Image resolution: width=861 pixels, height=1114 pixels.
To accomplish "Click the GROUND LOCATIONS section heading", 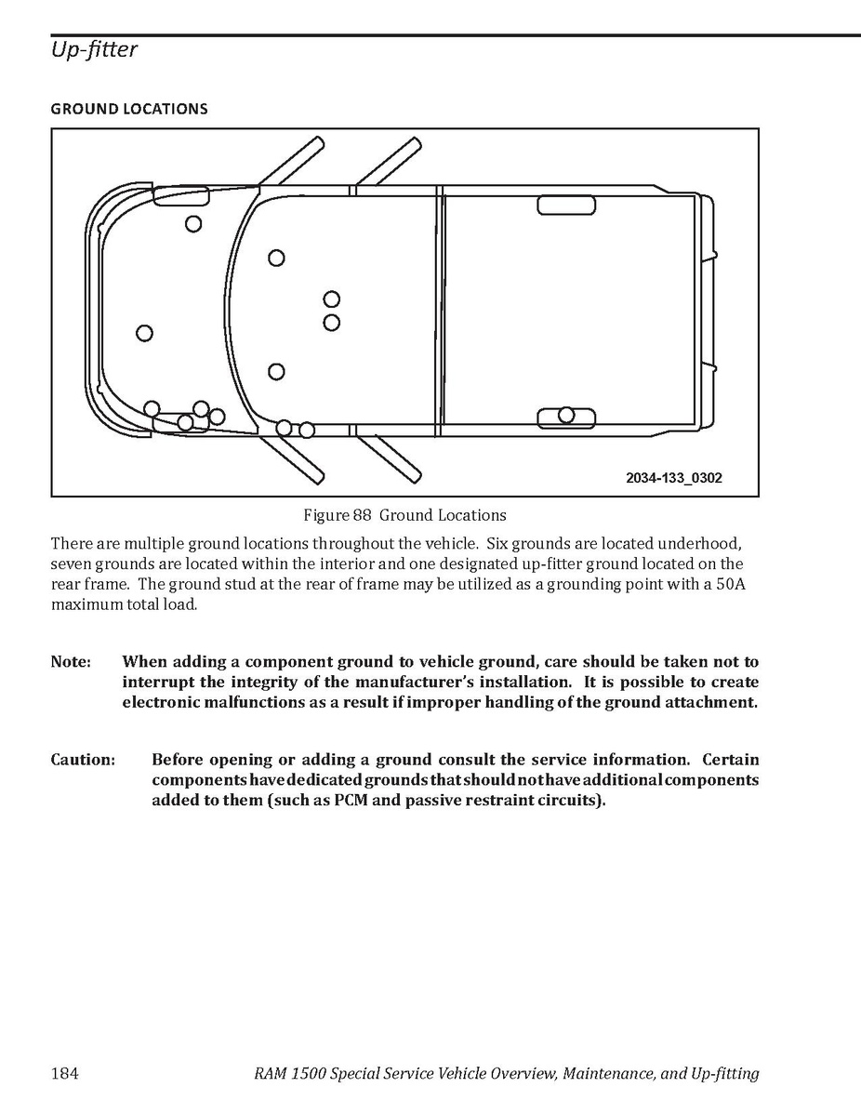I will (x=129, y=109).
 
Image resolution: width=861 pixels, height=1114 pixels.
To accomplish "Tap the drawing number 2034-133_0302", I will (x=674, y=478).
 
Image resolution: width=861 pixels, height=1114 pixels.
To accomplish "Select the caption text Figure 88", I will (x=338, y=515).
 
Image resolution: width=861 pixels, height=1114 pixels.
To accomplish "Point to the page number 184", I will (x=64, y=1074).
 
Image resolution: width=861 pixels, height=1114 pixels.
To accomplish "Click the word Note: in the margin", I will (x=71, y=662).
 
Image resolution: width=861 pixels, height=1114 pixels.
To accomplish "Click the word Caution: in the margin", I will (x=83, y=760).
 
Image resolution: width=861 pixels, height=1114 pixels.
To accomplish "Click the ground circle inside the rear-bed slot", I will (x=566, y=415).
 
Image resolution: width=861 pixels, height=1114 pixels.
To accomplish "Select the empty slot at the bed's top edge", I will (x=566, y=206).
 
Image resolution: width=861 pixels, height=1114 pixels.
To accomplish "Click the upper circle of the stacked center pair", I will (x=332, y=299).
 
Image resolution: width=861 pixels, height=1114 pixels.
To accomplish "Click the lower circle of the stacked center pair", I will (x=332, y=323).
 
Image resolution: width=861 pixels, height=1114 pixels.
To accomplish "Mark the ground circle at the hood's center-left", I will (x=144, y=333).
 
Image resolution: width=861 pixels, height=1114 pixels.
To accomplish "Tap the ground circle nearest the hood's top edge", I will (x=193, y=223).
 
